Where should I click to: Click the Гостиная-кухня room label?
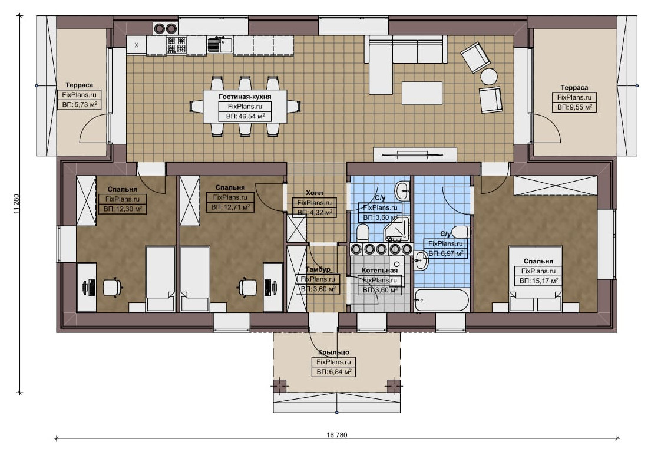click(245, 97)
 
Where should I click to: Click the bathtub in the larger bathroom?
click(442, 299)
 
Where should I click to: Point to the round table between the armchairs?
click(488, 76)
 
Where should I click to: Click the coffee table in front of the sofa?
click(422, 93)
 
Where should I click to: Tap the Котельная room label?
click(379, 271)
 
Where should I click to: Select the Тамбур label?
click(318, 269)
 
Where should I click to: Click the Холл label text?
click(314, 193)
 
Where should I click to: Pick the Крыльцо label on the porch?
click(333, 352)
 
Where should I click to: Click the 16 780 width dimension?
click(337, 435)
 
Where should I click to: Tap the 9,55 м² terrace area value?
click(579, 107)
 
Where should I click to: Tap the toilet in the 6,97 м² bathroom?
click(460, 232)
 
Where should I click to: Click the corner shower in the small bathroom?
click(395, 229)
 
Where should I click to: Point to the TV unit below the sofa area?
click(415, 154)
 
